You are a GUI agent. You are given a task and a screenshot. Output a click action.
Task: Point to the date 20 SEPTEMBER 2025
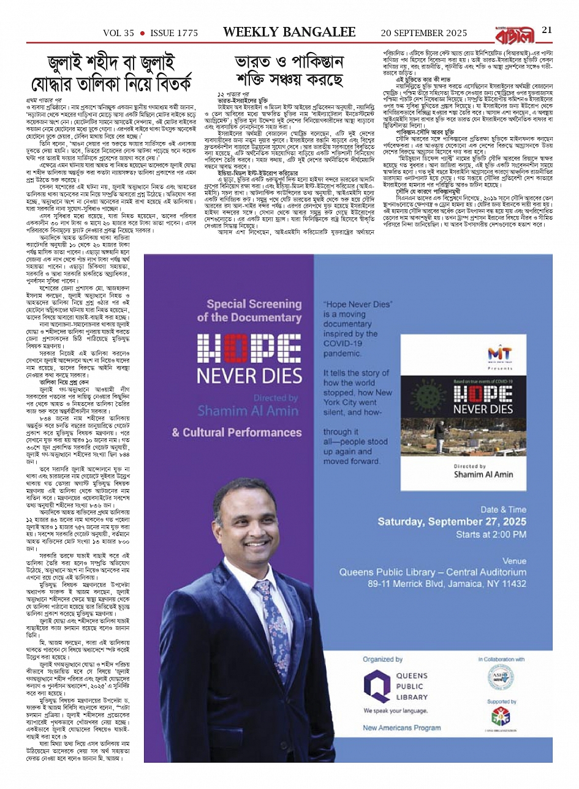[x=424, y=33]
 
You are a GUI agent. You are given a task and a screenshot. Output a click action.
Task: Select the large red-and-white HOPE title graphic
[x=249, y=348]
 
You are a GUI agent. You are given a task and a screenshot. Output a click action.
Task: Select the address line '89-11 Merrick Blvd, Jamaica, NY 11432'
[x=438, y=584]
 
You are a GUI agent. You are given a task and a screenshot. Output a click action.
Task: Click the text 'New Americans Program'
[x=401, y=728]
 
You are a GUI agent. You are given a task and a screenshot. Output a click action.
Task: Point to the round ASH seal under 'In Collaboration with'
[x=501, y=677]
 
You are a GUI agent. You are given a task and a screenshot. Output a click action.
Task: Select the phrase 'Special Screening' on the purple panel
[x=254, y=304]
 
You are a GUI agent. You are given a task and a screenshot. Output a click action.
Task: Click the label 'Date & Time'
[x=503, y=509]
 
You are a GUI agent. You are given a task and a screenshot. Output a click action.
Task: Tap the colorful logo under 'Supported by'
[x=501, y=716]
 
